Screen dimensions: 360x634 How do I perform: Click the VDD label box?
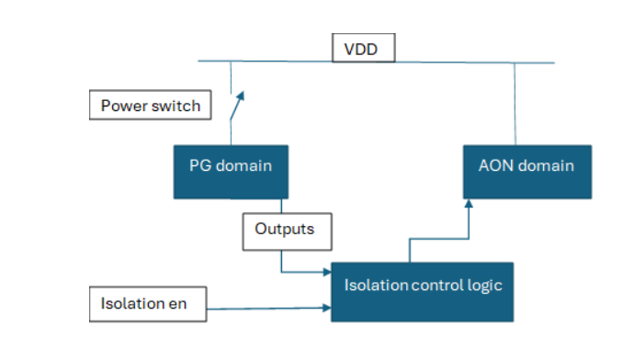pyautogui.click(x=363, y=49)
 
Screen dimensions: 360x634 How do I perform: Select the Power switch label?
pyautogui.click(x=150, y=105)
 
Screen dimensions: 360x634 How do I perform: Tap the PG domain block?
pyautogui.click(x=231, y=172)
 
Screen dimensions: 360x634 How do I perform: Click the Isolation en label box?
pyautogui.click(x=148, y=306)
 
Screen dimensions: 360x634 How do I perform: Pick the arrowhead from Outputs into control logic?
pyautogui.click(x=326, y=272)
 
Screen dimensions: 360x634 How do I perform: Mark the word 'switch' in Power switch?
pyautogui.click(x=177, y=105)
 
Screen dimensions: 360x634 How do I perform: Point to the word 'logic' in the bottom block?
pyautogui.click(x=485, y=285)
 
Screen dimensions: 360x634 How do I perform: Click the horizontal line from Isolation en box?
pyautogui.click(x=266, y=309)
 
